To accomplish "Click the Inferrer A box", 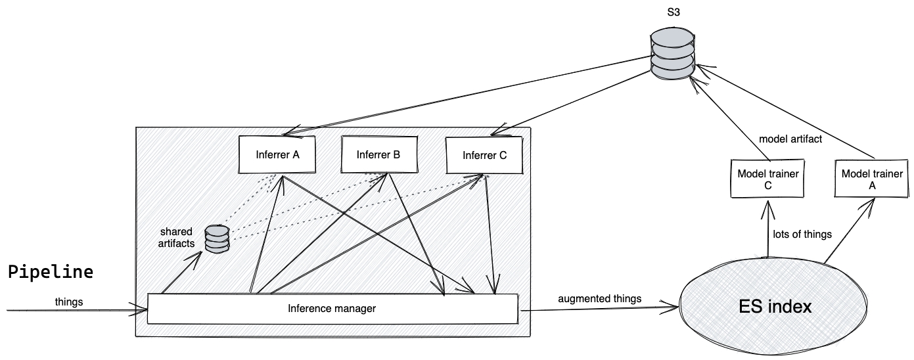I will click(x=277, y=156).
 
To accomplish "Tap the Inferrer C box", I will click(x=484, y=156).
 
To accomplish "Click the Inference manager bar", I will click(x=332, y=308).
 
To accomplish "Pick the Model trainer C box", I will click(x=767, y=179).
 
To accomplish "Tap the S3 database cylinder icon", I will click(x=672, y=55).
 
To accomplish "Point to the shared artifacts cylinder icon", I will click(x=216, y=239).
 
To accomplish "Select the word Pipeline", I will click(x=50, y=272).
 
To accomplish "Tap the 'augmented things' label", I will click(x=599, y=298).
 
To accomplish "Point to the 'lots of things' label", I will click(x=802, y=234).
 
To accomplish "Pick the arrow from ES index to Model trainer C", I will click(x=767, y=230).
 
